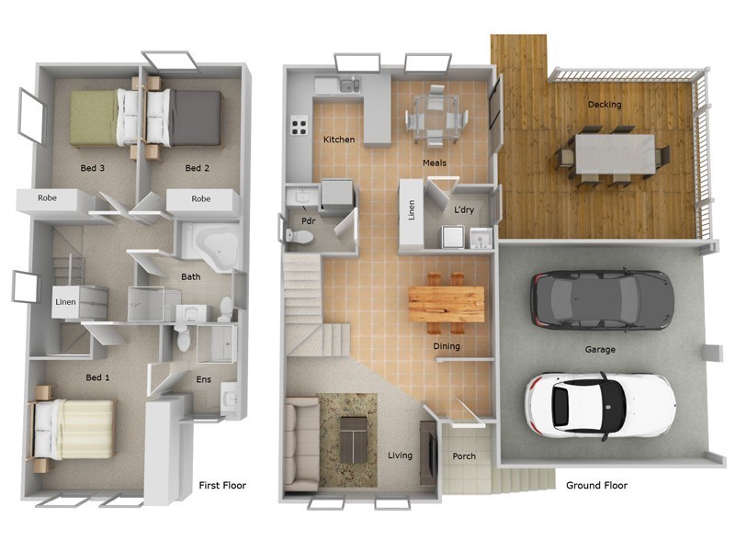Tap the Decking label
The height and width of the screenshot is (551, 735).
(x=604, y=105)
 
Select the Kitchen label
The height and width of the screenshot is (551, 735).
(x=338, y=140)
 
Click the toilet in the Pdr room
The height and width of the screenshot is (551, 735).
(x=300, y=235)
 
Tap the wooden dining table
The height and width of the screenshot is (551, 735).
(x=446, y=303)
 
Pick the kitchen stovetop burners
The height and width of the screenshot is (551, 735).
(x=300, y=125)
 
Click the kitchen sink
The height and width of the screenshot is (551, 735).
(x=348, y=86)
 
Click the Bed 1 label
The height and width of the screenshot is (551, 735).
(x=98, y=377)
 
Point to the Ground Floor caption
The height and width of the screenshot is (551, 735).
(x=596, y=485)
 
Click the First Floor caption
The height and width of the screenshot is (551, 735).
(x=222, y=485)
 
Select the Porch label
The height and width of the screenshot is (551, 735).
(x=464, y=455)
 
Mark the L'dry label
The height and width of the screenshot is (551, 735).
(x=464, y=210)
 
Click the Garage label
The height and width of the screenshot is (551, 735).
(x=600, y=349)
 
